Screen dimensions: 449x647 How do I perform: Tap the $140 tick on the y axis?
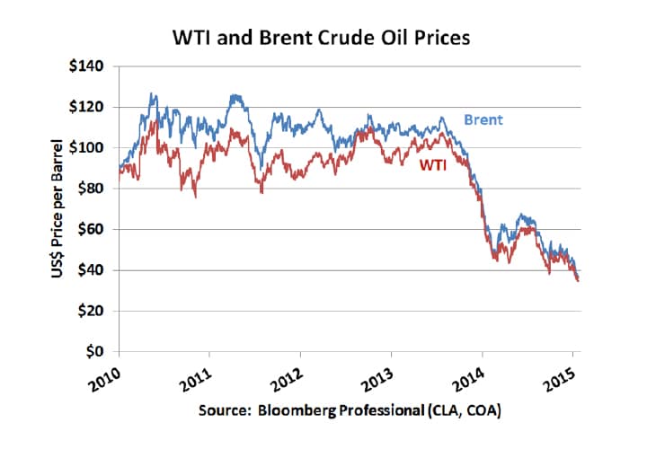point(93,66)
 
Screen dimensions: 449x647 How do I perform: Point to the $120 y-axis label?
point(93,107)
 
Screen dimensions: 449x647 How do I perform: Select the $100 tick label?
point(93,147)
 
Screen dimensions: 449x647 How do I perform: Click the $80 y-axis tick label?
point(96,189)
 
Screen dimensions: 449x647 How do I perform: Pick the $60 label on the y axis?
point(96,229)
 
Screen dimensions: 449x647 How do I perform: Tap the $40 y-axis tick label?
point(96,270)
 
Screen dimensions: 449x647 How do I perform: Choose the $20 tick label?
point(96,311)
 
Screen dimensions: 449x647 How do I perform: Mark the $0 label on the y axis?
point(100,351)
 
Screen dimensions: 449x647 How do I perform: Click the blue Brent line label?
point(483,119)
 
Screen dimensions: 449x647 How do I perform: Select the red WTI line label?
point(433,165)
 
